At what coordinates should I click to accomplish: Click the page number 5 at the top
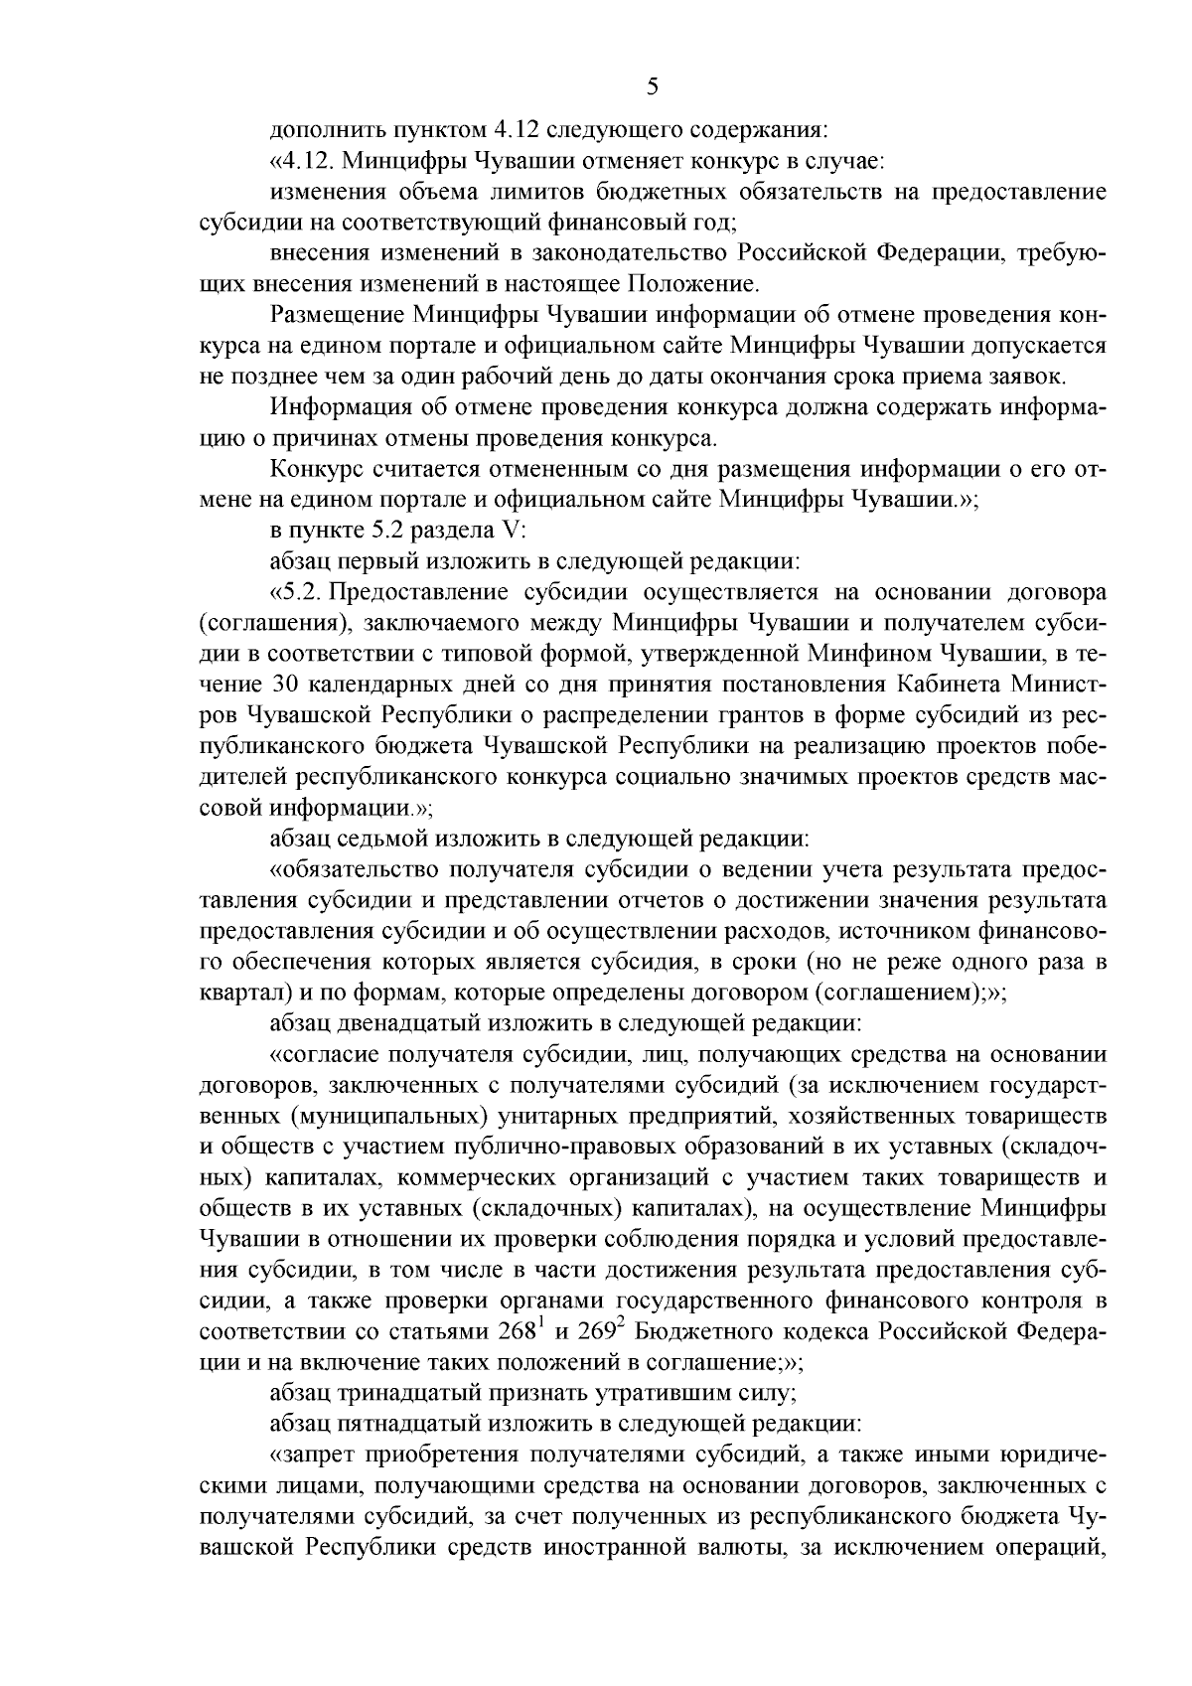coord(652,86)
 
